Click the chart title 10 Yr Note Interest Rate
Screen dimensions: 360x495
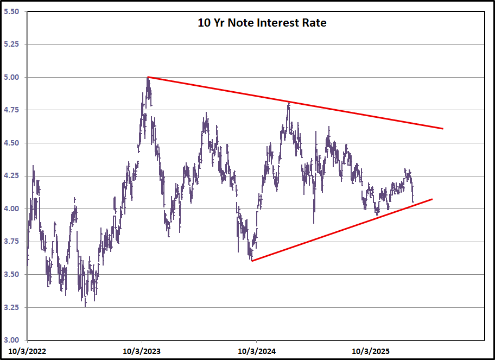click(x=262, y=23)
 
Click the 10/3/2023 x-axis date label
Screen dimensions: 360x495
click(x=142, y=351)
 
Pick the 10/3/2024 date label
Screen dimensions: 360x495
click(x=256, y=351)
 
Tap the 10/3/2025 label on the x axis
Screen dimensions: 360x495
click(x=371, y=351)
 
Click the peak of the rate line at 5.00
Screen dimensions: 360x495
click(x=148, y=78)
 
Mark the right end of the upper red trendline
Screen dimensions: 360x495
click(x=443, y=129)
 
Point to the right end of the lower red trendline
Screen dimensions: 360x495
click(x=432, y=199)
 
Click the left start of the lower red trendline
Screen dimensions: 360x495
click(x=252, y=261)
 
